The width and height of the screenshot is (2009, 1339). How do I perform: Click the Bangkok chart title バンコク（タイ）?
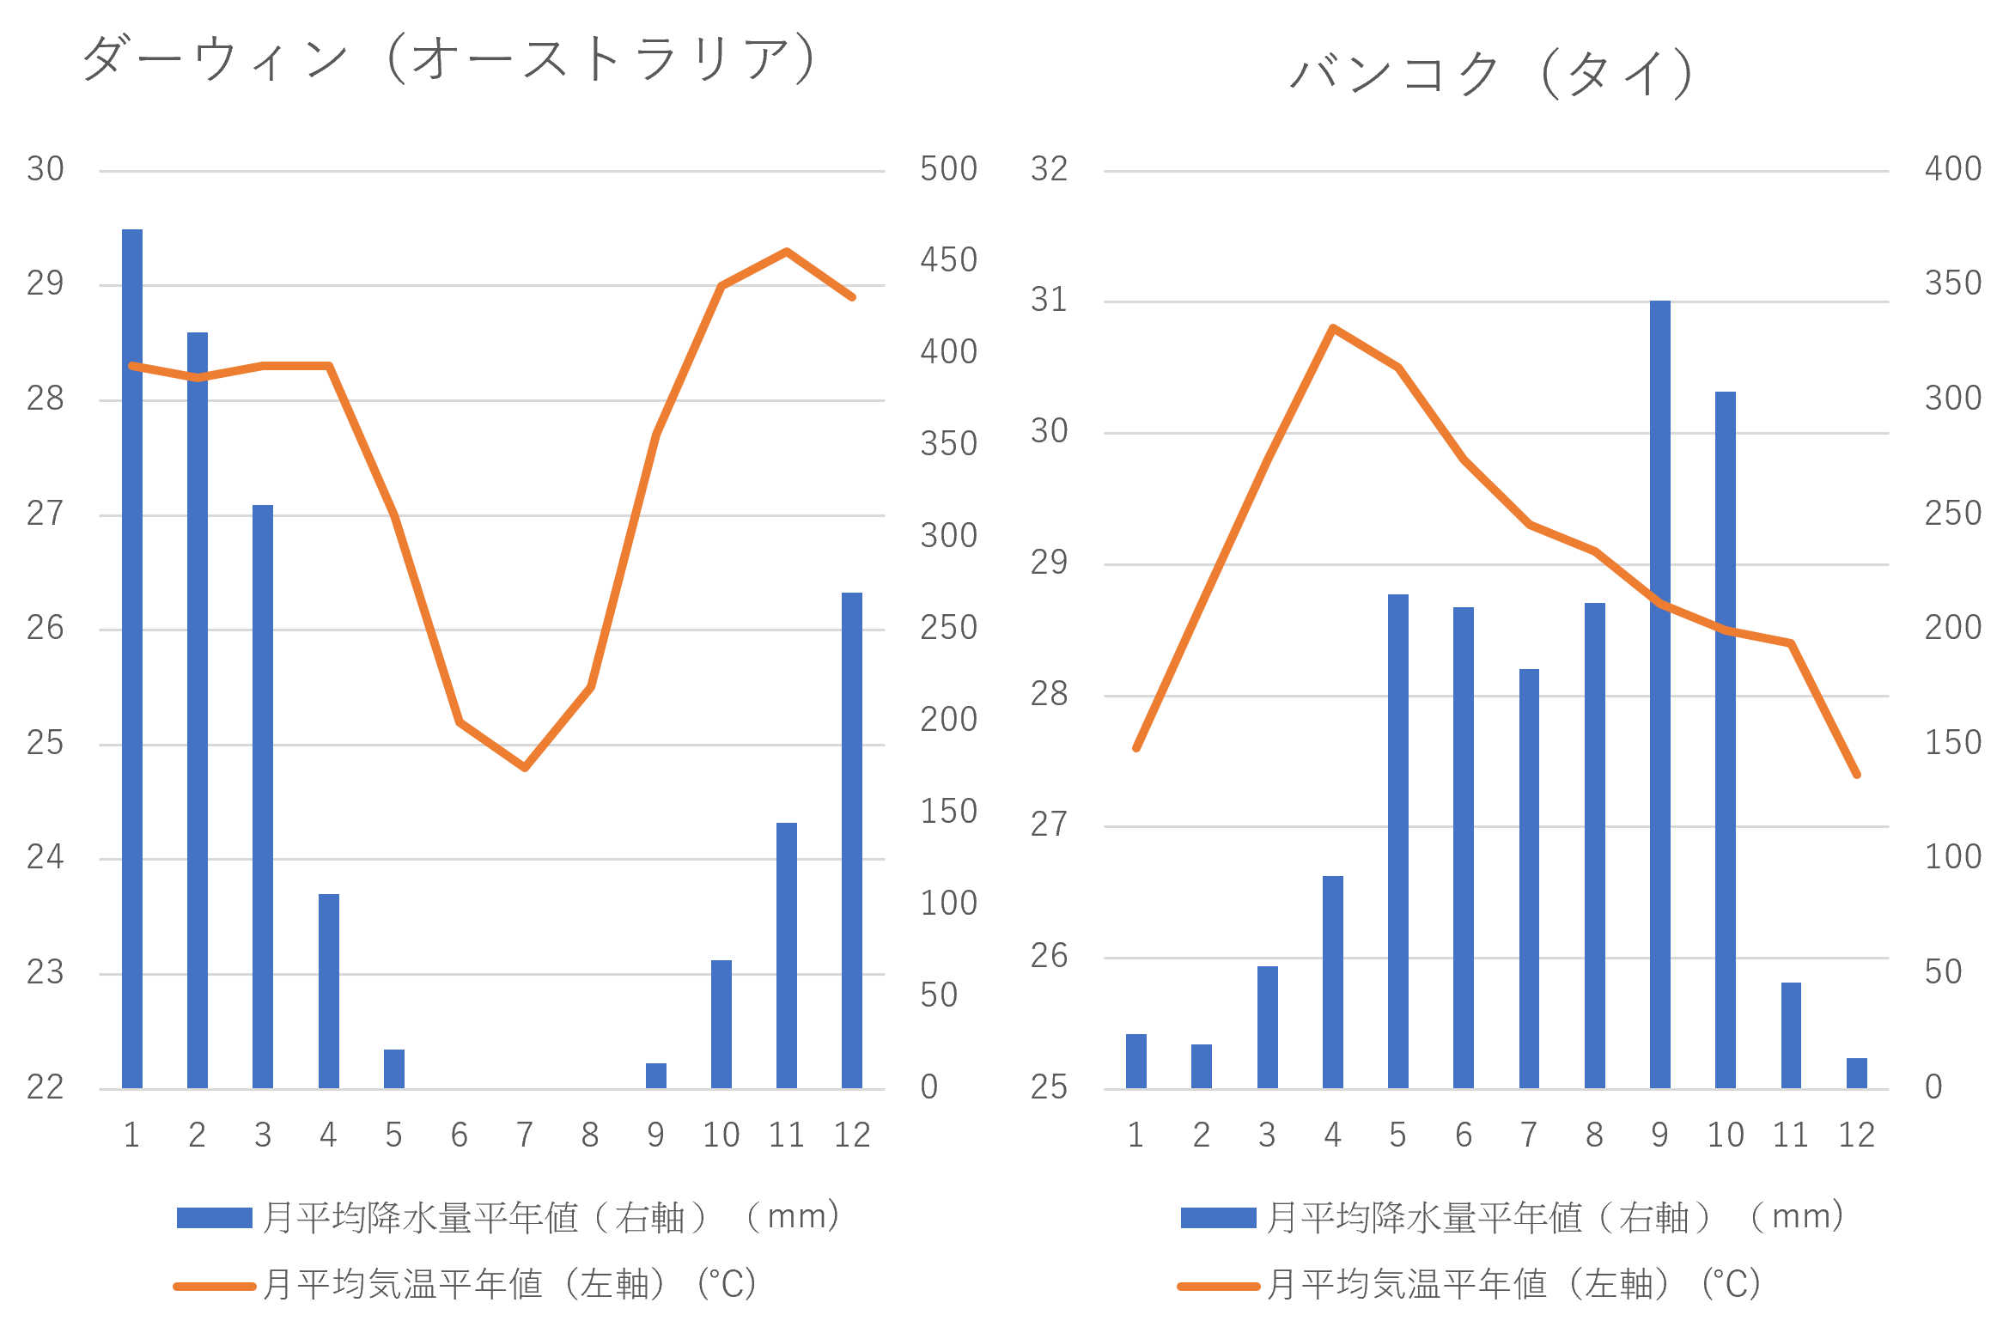(x=1492, y=72)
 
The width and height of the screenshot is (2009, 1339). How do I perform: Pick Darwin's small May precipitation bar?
(x=394, y=1068)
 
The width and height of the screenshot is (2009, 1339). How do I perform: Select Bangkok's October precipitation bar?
(x=1726, y=739)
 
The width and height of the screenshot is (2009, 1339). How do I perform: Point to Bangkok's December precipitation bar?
(x=1857, y=1073)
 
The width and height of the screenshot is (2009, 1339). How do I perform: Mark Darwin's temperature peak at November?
(x=787, y=251)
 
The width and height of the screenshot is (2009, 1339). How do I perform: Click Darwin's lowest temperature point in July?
(x=525, y=768)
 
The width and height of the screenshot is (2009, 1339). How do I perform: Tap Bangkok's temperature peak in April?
(x=1332, y=327)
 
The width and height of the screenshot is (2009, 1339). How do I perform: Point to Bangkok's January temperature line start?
(x=1136, y=748)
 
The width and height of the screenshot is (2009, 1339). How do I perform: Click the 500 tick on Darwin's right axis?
(x=948, y=169)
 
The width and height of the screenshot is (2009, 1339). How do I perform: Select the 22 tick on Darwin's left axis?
(x=46, y=1087)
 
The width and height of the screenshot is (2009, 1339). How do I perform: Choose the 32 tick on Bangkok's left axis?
(x=1049, y=169)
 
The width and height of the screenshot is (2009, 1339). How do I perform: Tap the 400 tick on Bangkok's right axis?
(x=1953, y=169)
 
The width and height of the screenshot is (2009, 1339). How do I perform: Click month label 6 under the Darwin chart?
(x=460, y=1135)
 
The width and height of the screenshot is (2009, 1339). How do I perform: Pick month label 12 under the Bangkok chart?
(x=1856, y=1135)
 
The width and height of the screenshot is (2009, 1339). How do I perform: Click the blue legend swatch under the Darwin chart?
(x=214, y=1217)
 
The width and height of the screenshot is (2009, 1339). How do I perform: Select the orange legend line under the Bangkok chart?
(x=1218, y=1286)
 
